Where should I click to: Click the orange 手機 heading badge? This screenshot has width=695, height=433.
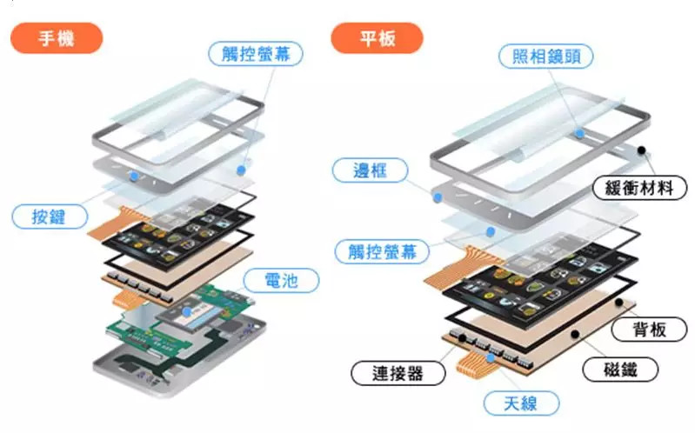point(57,38)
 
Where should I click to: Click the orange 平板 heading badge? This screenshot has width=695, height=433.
point(378,38)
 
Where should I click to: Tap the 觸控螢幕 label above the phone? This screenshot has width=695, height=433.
point(257,53)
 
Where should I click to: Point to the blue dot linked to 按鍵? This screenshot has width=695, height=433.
point(133,175)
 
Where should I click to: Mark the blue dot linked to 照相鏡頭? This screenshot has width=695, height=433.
point(578,133)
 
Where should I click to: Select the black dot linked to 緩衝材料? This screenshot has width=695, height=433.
point(642,150)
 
